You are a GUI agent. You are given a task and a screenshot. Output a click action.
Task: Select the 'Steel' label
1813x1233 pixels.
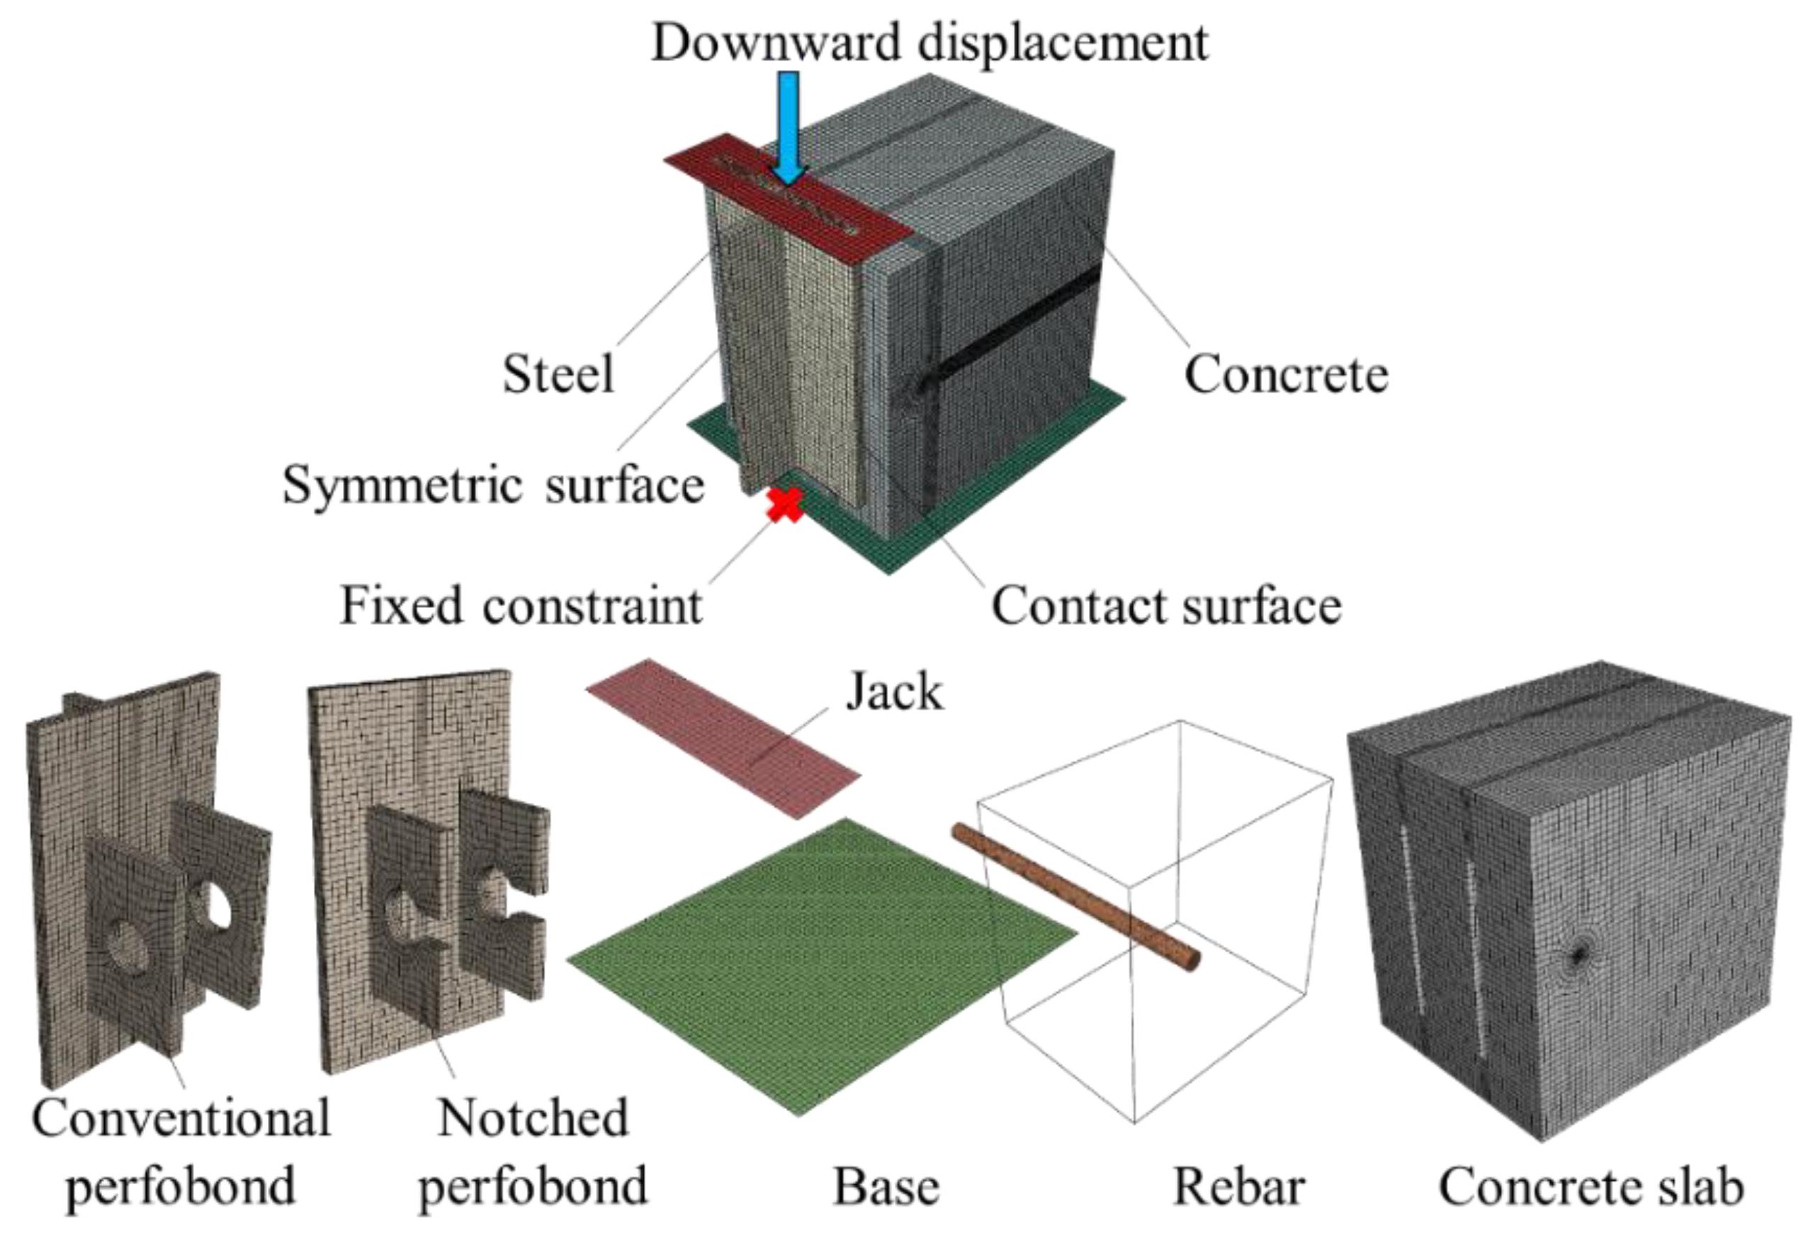click(x=558, y=374)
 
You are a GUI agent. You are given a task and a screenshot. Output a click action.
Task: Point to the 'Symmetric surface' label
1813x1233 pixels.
click(x=493, y=485)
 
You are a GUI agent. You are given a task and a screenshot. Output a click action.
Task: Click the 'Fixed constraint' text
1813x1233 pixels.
click(x=521, y=606)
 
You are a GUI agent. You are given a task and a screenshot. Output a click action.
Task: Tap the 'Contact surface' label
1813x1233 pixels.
click(x=1165, y=606)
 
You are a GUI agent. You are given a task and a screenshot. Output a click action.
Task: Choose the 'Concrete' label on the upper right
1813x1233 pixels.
click(x=1286, y=374)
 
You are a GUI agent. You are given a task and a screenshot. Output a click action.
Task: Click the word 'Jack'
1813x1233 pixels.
click(x=894, y=692)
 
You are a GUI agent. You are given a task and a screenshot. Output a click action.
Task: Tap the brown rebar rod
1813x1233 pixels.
click(x=1077, y=897)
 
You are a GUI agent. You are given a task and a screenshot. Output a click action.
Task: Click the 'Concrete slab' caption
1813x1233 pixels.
click(x=1591, y=1187)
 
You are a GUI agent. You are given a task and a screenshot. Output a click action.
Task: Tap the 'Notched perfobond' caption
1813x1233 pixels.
click(x=533, y=1152)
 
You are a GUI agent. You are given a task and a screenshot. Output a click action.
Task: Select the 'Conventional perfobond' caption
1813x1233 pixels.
click(x=181, y=1152)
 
